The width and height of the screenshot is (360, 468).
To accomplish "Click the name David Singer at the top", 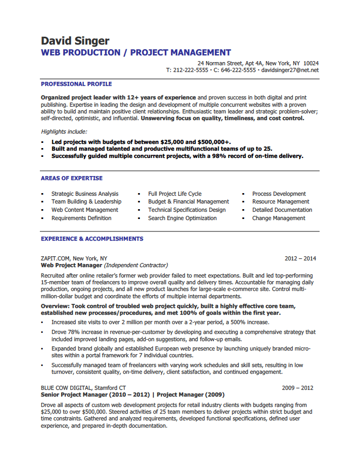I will [75, 41].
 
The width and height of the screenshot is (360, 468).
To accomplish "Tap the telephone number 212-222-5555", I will [191, 70].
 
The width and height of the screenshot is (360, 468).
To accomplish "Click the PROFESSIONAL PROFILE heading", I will [76, 84].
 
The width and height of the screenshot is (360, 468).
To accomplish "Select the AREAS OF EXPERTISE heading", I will [71, 179].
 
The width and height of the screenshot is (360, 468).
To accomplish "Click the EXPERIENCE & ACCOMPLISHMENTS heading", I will [92, 239].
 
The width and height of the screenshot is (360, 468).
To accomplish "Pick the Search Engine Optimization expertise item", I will [182, 218].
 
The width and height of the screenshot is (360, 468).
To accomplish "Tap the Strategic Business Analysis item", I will [85, 194].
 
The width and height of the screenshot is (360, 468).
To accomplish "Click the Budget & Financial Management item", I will [189, 202].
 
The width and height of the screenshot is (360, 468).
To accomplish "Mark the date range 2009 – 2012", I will [297, 388].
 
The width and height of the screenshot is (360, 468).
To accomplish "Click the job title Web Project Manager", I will [71, 265].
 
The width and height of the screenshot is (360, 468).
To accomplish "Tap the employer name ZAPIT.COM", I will [55, 258].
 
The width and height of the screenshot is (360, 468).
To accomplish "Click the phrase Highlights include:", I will [64, 132].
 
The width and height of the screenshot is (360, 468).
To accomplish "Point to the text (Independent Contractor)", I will [136, 265].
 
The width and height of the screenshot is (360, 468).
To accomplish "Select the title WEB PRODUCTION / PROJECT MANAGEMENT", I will [136, 53].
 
